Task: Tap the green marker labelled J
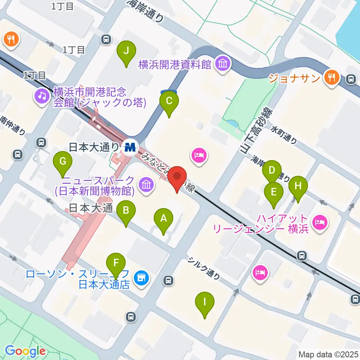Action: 126,51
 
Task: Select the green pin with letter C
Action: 169,101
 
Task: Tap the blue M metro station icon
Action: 130,147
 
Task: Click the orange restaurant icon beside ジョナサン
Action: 331,77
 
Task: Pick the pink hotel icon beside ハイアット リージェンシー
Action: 320,223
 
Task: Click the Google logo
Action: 25,351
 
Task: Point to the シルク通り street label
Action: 204,268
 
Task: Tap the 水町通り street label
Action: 284,135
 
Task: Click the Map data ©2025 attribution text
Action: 328,354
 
